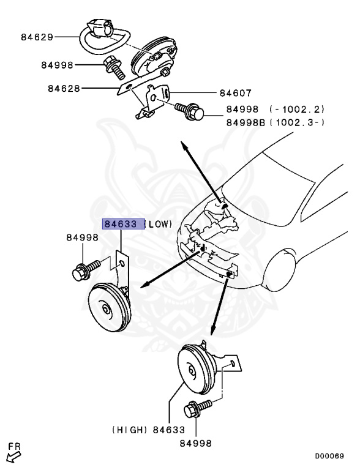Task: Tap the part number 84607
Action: click(235, 94)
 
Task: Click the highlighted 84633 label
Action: click(123, 224)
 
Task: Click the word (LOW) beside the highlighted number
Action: click(159, 224)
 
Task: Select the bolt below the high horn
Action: click(198, 407)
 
